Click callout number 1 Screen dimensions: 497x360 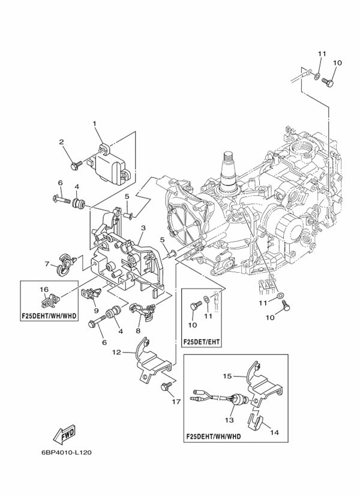point(94,124)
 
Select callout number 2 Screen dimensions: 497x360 point(61,142)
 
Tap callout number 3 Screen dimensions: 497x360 point(143,228)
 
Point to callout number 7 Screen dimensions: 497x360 point(47,263)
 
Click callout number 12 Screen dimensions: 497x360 point(117,352)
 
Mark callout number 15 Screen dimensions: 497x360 point(228,376)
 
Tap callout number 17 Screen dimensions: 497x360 point(175,402)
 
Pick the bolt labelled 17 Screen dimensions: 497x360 point(165,387)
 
